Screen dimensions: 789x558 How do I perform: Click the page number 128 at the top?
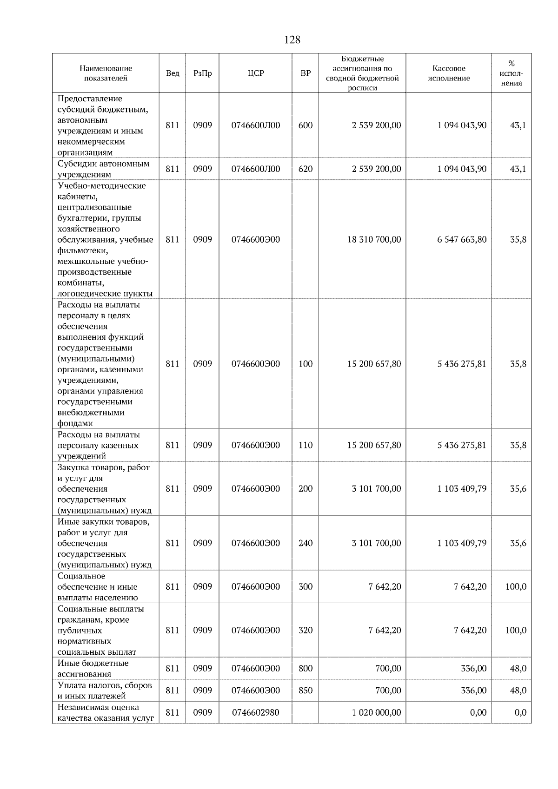coord(292,40)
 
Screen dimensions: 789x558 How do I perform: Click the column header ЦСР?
coord(256,73)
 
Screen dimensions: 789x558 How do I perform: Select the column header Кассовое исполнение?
coord(449,73)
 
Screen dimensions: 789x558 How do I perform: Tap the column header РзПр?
coord(202,73)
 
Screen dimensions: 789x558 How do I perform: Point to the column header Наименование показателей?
coord(106,73)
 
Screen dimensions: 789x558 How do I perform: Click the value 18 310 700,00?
coord(374,240)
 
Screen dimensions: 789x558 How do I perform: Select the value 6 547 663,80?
coord(462,240)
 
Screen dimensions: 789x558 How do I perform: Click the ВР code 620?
coord(306,169)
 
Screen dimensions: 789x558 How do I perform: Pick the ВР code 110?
coord(306,445)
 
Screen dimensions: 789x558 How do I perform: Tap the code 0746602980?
coord(256,713)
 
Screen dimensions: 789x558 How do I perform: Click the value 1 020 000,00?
coord(376,713)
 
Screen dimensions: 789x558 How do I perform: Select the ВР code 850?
coord(306,690)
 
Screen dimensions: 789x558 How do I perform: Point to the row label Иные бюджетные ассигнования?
coord(93,669)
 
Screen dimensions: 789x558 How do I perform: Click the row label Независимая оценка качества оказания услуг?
coord(106,713)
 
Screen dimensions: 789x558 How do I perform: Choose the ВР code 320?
coord(306,631)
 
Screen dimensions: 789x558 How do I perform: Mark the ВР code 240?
coord(306,543)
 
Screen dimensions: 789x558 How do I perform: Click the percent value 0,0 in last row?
coord(520,713)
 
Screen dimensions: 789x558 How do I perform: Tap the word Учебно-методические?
coord(101,186)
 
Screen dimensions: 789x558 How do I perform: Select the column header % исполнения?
coord(511,73)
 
